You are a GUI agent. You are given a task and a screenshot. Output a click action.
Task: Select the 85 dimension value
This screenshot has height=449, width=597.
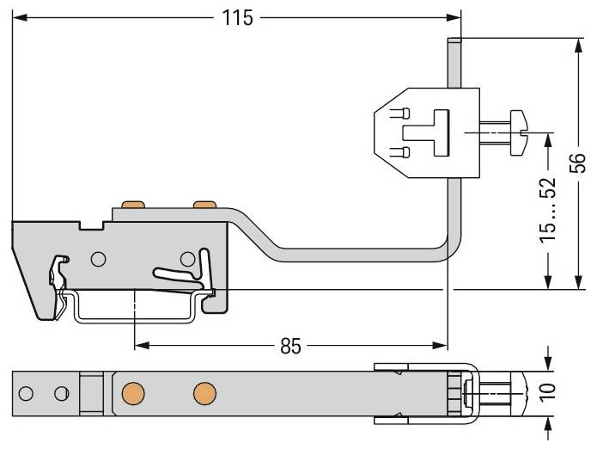click(x=291, y=346)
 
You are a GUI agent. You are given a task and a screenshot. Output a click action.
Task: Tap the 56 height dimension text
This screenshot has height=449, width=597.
click(x=578, y=163)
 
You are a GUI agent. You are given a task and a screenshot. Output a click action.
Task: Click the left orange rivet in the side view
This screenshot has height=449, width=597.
click(x=131, y=205)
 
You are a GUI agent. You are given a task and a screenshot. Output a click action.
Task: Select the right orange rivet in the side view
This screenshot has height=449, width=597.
click(x=204, y=205)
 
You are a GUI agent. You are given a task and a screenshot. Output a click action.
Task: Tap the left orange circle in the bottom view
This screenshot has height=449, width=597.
click(x=132, y=394)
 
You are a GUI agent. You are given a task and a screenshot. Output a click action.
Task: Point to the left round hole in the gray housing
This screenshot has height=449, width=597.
click(x=99, y=258)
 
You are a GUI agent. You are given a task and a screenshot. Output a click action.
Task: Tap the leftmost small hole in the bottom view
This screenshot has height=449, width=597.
click(x=26, y=394)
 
